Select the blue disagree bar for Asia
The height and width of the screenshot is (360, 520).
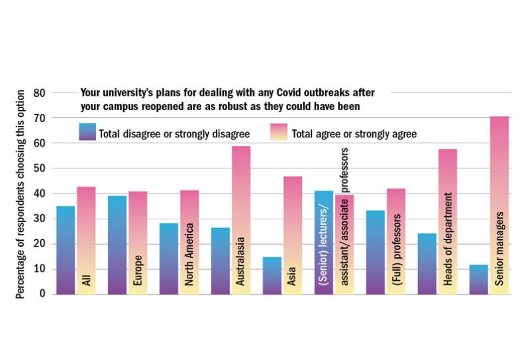click(x=272, y=275)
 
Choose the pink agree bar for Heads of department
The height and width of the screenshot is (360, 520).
click(x=447, y=199)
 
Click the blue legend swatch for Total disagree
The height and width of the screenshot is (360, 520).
click(x=87, y=133)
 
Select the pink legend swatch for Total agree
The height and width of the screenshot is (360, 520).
click(x=278, y=133)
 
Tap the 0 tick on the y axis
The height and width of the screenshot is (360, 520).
click(x=41, y=294)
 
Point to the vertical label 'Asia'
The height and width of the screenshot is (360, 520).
click(x=293, y=278)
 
